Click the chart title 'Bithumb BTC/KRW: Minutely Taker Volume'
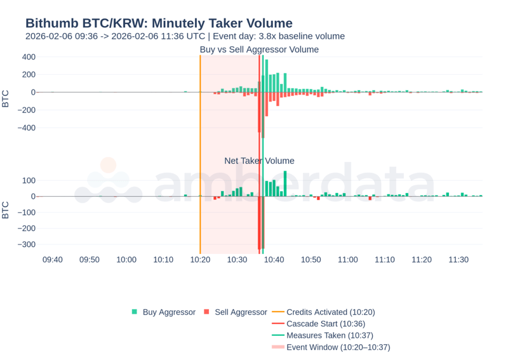tap(159, 23)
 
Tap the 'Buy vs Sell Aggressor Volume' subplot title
tap(259, 50)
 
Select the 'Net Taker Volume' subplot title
tap(259, 161)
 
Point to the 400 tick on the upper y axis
tap(28, 57)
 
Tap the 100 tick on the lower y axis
tap(28, 180)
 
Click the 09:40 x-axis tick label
tap(53, 260)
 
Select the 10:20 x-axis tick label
tap(200, 260)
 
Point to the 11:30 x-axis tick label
tap(458, 260)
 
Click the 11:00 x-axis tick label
tap(348, 260)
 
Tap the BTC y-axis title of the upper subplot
tap(6, 99)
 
